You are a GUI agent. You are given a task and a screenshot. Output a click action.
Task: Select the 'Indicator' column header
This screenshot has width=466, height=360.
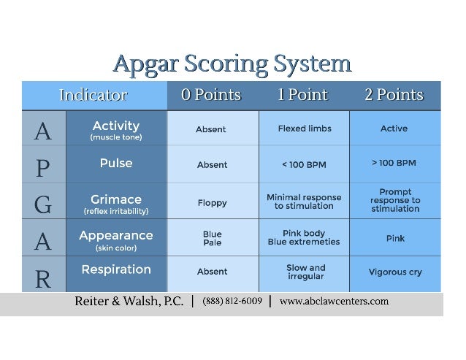tap(93, 95)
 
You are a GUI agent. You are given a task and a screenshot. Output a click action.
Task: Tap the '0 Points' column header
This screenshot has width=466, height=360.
tap(211, 95)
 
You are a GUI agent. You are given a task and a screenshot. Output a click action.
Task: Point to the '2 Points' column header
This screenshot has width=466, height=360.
tap(394, 95)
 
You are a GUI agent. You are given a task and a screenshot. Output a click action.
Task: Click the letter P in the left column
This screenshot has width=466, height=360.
tap(43, 167)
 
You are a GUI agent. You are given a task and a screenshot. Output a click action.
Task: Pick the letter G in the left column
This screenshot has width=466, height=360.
tap(43, 204)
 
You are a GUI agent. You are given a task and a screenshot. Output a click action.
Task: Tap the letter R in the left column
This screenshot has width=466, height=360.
tap(43, 277)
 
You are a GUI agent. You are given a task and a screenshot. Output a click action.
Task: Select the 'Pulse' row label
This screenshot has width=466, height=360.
tap(116, 163)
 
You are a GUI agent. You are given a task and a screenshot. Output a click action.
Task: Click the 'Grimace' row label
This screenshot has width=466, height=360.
tap(116, 199)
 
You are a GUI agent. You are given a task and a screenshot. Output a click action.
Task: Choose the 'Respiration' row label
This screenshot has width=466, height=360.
tap(116, 269)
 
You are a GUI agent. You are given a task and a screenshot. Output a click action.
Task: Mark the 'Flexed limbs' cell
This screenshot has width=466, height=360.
tap(305, 129)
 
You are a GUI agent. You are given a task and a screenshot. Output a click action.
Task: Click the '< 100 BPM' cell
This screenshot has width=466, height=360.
tap(304, 165)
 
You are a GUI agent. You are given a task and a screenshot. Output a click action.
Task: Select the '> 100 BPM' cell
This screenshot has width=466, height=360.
tap(394, 162)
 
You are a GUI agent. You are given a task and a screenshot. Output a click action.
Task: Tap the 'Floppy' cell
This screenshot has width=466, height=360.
tap(212, 203)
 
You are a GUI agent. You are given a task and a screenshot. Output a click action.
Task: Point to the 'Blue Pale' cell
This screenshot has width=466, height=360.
tap(212, 239)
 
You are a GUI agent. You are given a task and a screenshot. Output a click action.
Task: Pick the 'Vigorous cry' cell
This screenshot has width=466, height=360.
tap(394, 272)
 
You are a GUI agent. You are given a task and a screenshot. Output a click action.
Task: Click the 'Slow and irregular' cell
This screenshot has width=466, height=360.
tap(305, 272)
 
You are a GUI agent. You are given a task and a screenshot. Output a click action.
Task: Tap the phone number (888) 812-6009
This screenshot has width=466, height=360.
tap(232, 301)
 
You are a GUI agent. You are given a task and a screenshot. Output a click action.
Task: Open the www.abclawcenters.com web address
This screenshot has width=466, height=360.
tap(334, 301)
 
